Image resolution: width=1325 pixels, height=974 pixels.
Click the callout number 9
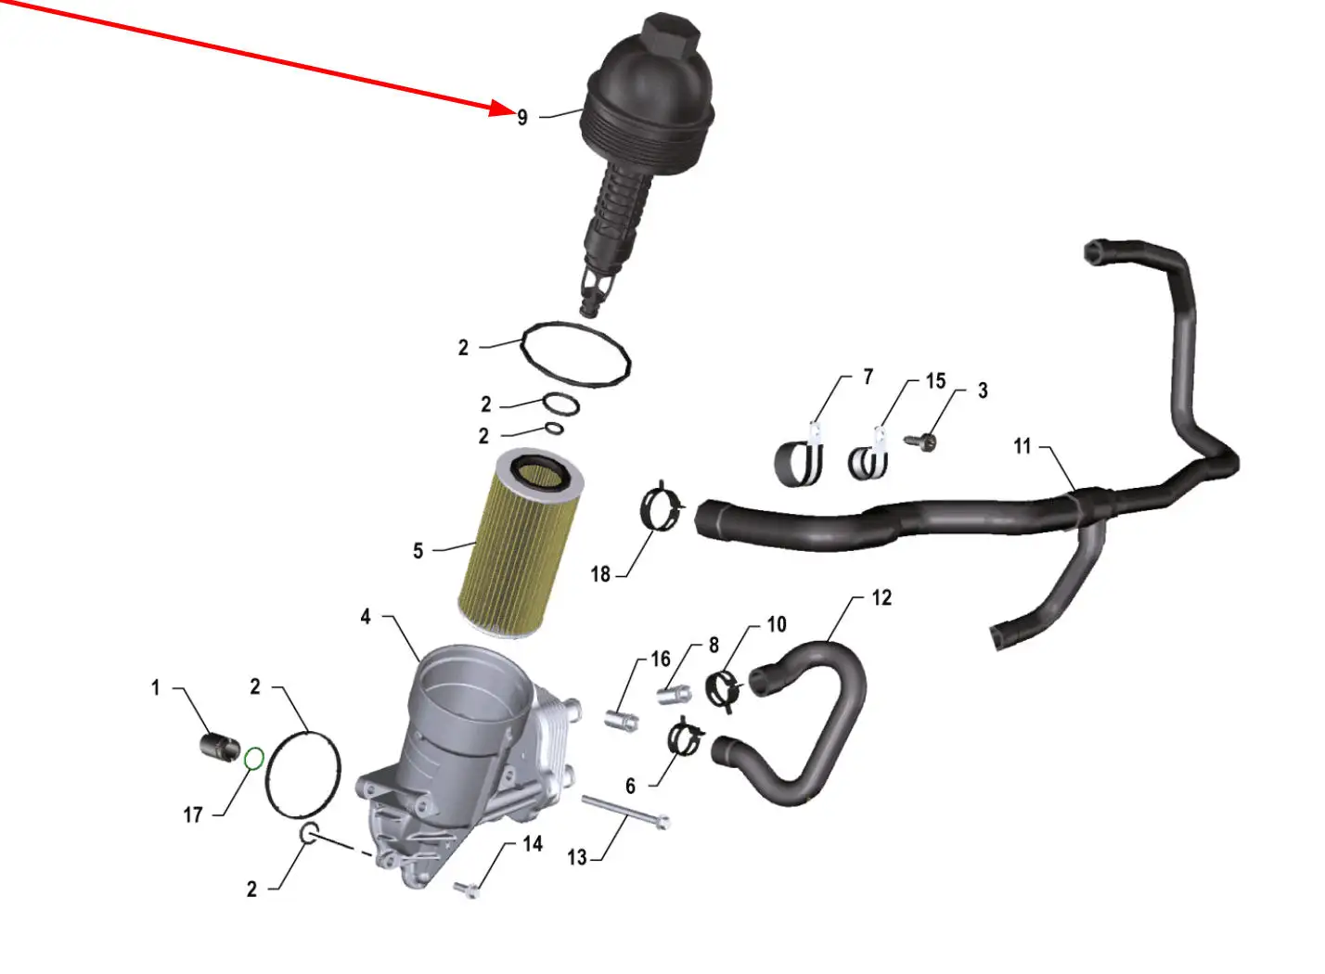(521, 118)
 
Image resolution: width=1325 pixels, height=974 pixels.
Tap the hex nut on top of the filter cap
(672, 35)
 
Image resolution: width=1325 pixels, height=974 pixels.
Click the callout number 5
(418, 551)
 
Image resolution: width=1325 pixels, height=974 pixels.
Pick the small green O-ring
(254, 759)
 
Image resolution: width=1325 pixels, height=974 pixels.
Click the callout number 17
(193, 815)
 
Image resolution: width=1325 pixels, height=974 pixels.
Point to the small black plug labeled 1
(220, 747)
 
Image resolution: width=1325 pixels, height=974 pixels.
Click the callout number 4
(366, 617)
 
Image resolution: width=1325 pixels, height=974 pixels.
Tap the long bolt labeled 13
(625, 812)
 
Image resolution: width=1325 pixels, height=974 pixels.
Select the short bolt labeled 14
(467, 889)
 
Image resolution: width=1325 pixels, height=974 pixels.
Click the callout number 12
(881, 597)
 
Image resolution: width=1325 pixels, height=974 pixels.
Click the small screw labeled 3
(920, 442)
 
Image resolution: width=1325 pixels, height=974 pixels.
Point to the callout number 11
(1023, 446)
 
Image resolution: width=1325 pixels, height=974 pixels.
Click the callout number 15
(936, 381)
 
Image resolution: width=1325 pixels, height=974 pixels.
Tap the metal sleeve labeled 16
(621, 721)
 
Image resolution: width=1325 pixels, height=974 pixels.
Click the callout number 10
(777, 624)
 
